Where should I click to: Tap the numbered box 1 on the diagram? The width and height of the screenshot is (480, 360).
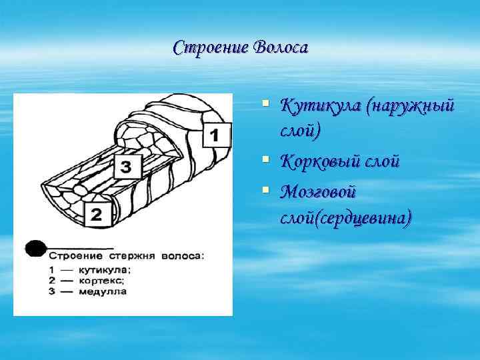(x=215, y=135)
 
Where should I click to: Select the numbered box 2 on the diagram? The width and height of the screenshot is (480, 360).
(x=97, y=215)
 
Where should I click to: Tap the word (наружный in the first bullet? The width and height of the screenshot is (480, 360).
(x=411, y=105)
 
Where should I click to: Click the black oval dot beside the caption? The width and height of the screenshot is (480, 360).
(x=35, y=248)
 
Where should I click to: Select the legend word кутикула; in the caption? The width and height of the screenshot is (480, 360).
(x=105, y=269)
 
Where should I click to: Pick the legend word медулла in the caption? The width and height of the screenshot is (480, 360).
(x=103, y=291)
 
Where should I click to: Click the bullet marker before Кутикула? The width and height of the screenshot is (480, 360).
(x=265, y=103)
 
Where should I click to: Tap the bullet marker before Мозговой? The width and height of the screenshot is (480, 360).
(x=265, y=191)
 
